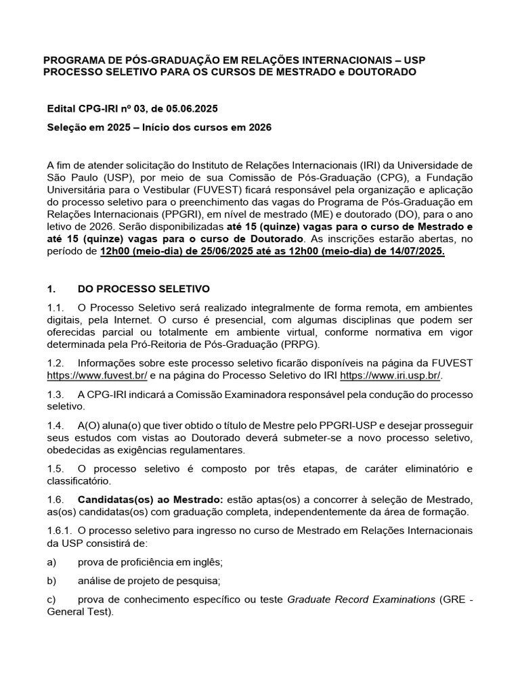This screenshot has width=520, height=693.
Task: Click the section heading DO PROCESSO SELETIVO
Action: point(144,288)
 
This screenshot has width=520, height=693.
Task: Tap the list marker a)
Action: point(51,562)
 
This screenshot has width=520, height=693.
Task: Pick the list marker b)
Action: point(51,581)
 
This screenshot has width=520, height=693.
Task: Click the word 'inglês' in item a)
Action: point(208,562)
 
